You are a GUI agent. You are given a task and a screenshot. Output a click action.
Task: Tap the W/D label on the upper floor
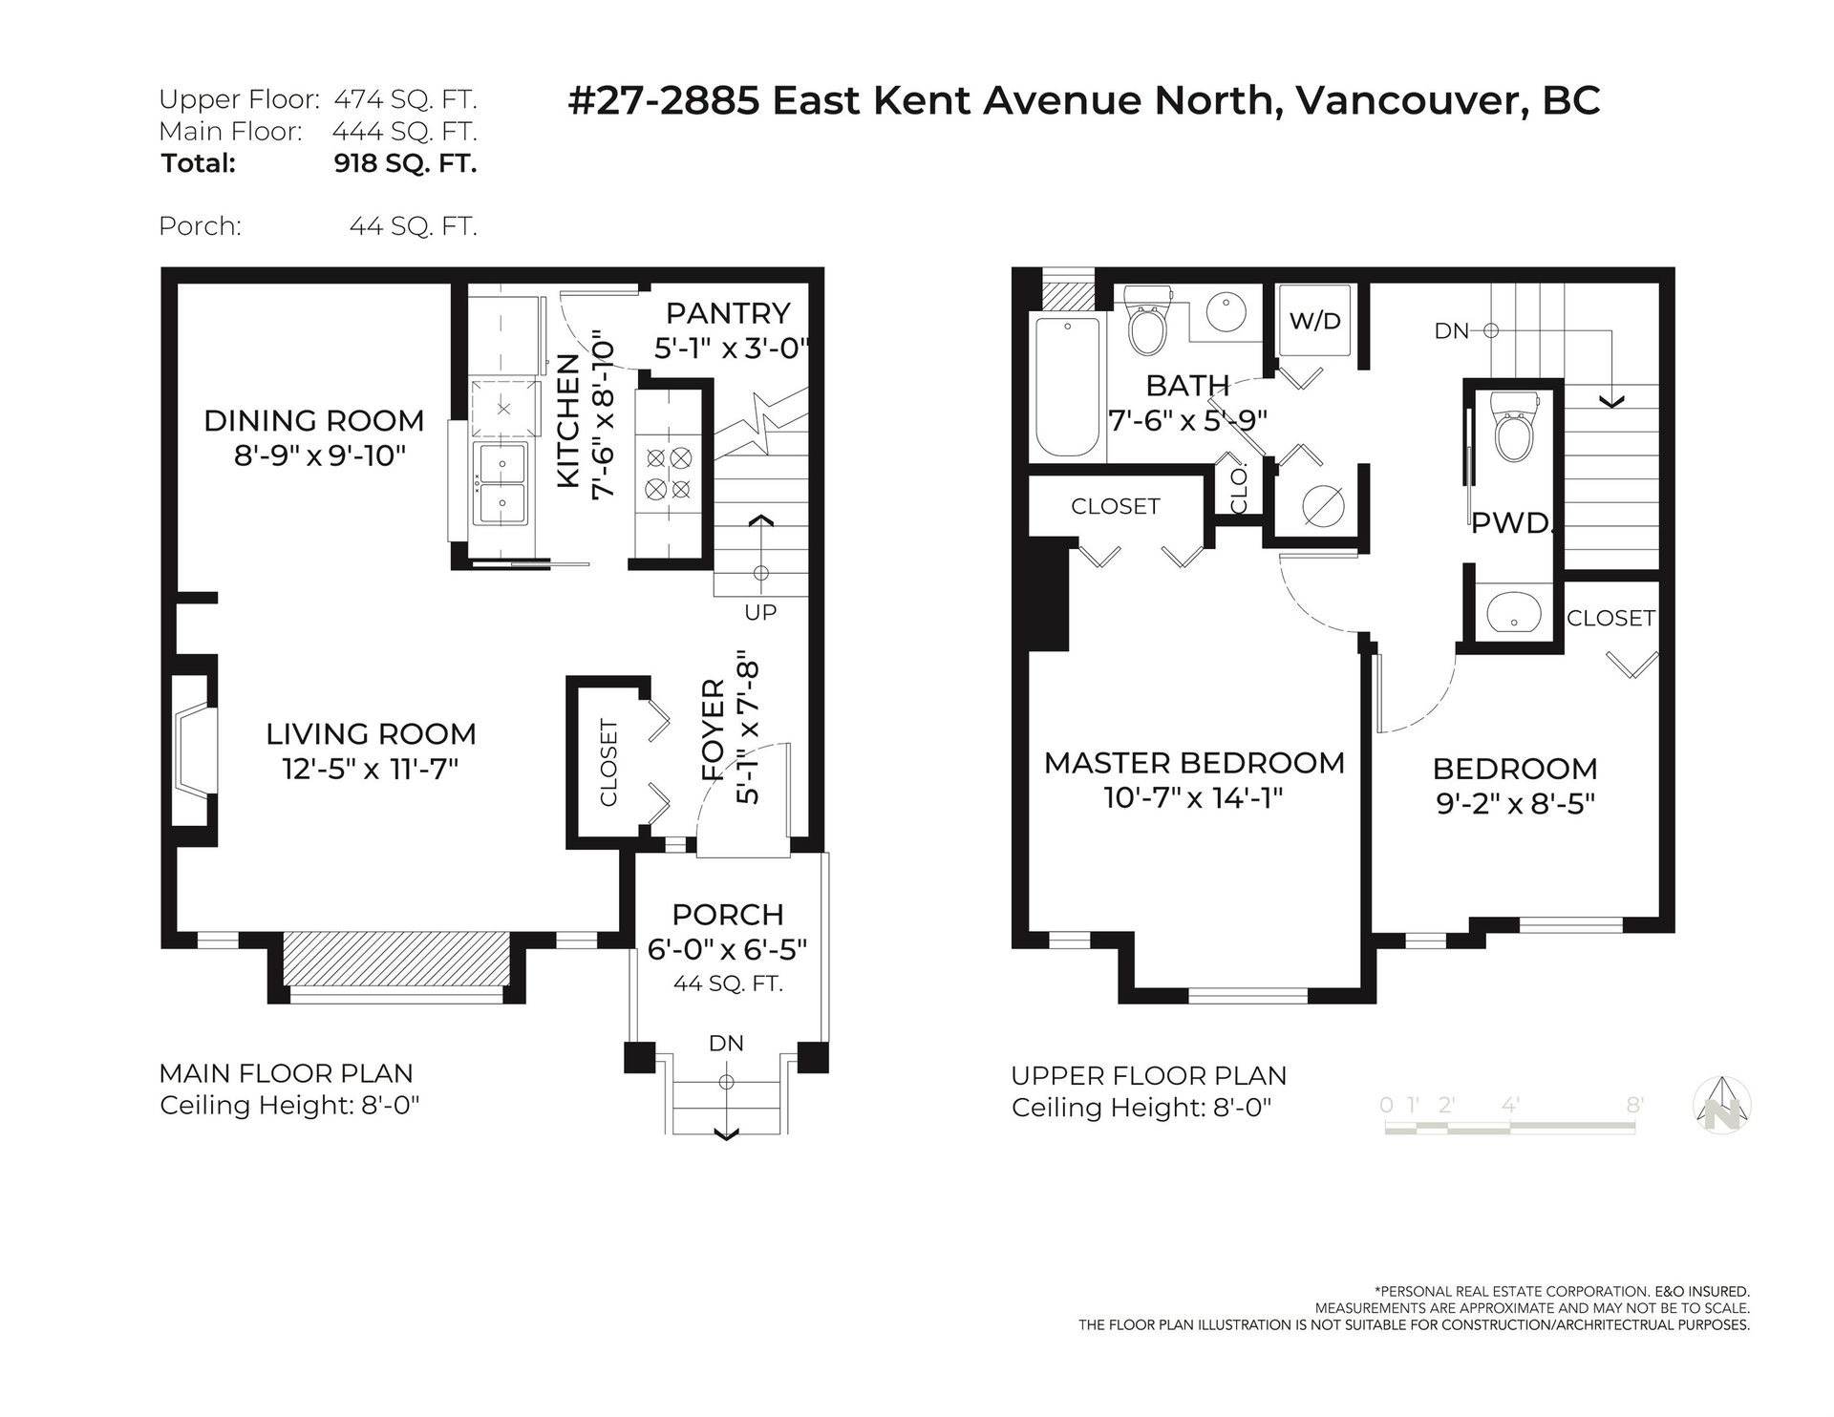(1315, 321)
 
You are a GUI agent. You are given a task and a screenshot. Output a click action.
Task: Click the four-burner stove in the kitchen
(668, 474)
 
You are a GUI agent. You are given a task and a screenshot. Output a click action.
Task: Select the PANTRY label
(728, 313)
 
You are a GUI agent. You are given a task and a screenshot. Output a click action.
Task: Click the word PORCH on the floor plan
(728, 915)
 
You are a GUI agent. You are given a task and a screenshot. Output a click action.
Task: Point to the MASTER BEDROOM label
(1194, 763)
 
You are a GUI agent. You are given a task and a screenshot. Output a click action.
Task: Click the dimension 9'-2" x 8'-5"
(1515, 804)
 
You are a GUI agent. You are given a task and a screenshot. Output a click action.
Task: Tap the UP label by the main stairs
(760, 612)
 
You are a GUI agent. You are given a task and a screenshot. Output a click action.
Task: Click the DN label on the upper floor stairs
(1451, 331)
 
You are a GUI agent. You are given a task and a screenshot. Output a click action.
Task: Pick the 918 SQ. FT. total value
(405, 163)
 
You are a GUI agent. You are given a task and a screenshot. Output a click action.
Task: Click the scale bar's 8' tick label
(1634, 1105)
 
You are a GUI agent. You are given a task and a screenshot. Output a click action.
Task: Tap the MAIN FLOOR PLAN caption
(287, 1073)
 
